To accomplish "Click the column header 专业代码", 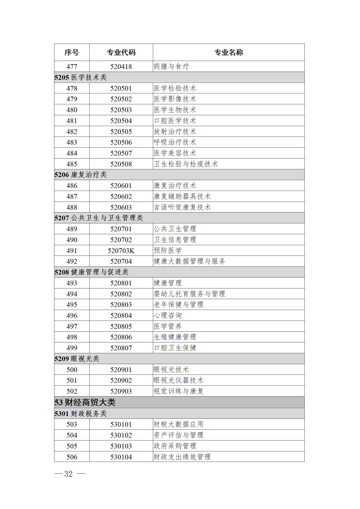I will (121, 52).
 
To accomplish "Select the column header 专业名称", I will (229, 52).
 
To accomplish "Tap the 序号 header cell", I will (72, 52).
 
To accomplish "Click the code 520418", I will (121, 67).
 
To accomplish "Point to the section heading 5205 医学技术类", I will (81, 77).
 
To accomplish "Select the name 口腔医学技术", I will (175, 121).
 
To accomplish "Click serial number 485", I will (72, 164).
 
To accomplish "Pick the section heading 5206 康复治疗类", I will (81, 175).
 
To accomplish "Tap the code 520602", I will (121, 197).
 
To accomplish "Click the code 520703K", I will (121, 251).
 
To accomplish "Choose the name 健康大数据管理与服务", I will (189, 261).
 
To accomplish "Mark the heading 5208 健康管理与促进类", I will (92, 272).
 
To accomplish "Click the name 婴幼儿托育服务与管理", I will (189, 294).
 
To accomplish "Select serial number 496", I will (72, 315).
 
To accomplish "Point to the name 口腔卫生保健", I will (175, 348).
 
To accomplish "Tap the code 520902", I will (121, 380).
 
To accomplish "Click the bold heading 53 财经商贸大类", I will (85, 402).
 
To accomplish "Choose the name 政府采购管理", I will (175, 446).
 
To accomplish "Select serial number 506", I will (72, 457).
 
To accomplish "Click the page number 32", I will (69, 474).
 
